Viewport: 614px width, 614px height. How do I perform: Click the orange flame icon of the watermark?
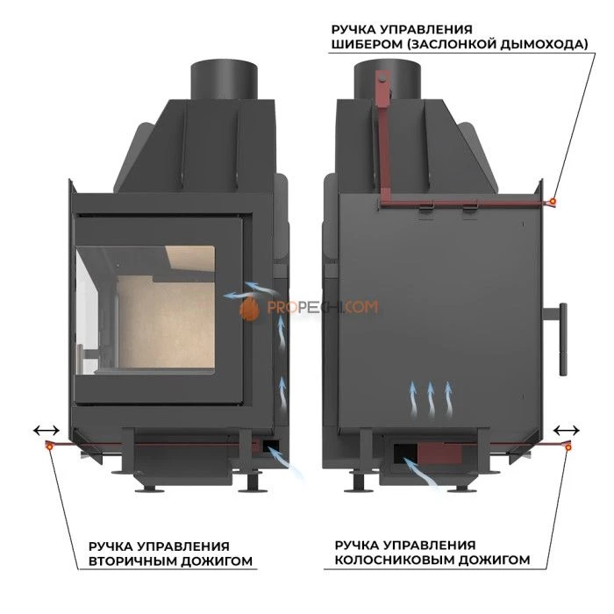click(250, 308)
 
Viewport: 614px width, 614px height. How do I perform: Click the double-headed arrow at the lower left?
click(46, 431)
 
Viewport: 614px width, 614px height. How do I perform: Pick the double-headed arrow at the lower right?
click(568, 431)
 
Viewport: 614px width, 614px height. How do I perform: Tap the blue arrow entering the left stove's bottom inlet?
click(285, 462)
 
